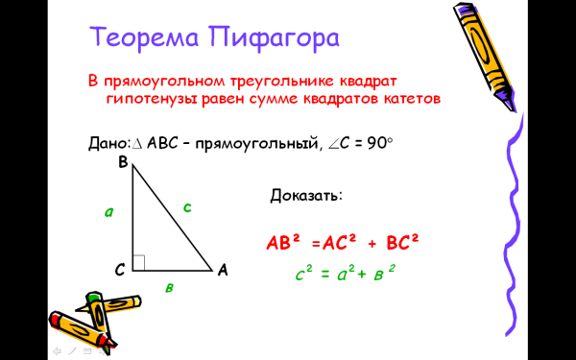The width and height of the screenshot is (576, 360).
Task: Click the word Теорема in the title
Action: tap(139, 39)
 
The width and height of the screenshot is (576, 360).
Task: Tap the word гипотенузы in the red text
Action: tap(149, 99)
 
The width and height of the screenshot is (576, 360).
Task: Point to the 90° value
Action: tap(379, 143)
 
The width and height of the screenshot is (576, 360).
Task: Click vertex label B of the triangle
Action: tap(123, 163)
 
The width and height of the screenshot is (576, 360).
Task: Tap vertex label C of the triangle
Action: tap(120, 271)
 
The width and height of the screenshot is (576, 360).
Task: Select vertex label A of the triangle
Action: tap(223, 271)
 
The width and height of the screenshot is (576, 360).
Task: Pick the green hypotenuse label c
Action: tap(187, 206)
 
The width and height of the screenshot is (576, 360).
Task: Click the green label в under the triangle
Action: tap(169, 287)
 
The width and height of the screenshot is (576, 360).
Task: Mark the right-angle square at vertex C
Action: tap(139, 263)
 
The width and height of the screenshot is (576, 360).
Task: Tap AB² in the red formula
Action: tap(284, 243)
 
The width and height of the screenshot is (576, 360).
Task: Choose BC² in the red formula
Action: tap(404, 243)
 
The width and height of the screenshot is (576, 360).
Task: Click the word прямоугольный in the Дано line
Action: tap(259, 144)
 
